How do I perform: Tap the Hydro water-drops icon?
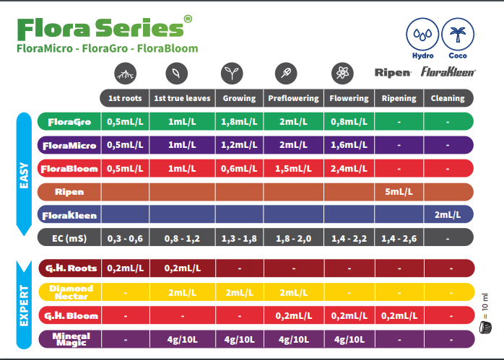tap(422, 35)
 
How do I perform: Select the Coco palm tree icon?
tap(456, 35)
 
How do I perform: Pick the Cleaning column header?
tap(448, 98)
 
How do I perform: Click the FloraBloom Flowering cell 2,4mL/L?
tap(349, 169)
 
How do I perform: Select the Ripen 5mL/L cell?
tap(398, 192)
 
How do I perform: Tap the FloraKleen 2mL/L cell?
tap(448, 215)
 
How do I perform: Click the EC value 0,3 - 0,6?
tap(124, 238)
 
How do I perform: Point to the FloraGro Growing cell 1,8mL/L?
tap(239, 122)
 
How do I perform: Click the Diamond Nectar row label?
tap(70, 292)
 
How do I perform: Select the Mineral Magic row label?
tap(70, 338)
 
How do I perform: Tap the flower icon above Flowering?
tap(341, 73)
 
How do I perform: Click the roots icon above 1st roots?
tap(124, 73)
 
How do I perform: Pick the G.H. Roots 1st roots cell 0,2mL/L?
tap(124, 268)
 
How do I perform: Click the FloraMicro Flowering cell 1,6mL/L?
tap(349, 145)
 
